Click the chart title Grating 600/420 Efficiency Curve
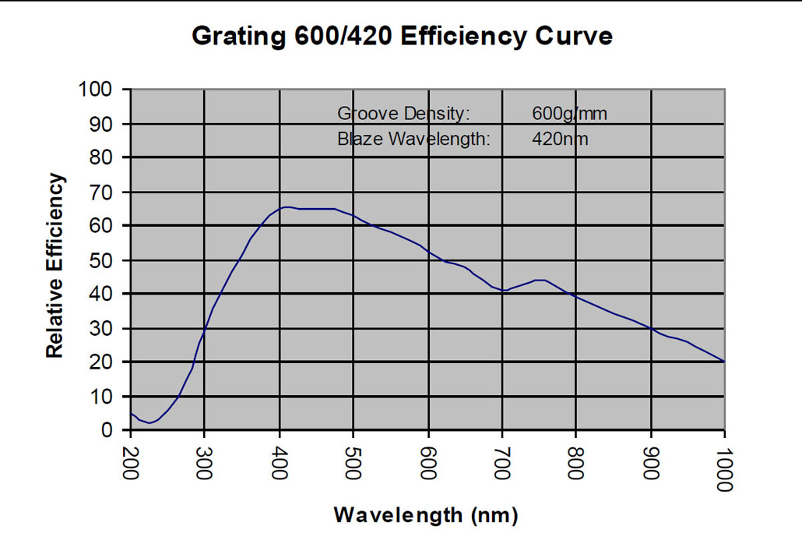[x=402, y=36]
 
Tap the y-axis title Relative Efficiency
[x=55, y=266]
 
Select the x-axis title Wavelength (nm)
[x=426, y=514]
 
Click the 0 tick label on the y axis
[x=108, y=430]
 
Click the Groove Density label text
[x=403, y=114]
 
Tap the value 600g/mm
[x=569, y=114]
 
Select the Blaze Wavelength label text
[x=413, y=140]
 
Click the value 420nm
[x=560, y=140]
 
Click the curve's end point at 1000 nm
[x=724, y=362]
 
